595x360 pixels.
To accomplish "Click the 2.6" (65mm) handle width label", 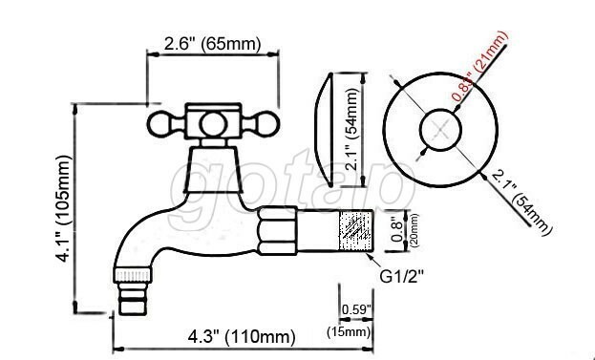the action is tap(212, 44).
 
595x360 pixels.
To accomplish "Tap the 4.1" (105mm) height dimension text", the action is tap(63, 208).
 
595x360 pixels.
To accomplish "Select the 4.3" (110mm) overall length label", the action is tap(242, 336).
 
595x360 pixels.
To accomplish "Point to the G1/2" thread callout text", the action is tap(401, 277).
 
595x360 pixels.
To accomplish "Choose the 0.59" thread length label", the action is tap(355, 309).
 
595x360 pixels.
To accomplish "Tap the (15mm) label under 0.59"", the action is tap(349, 332).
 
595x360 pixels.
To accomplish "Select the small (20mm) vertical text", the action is tap(414, 230).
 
